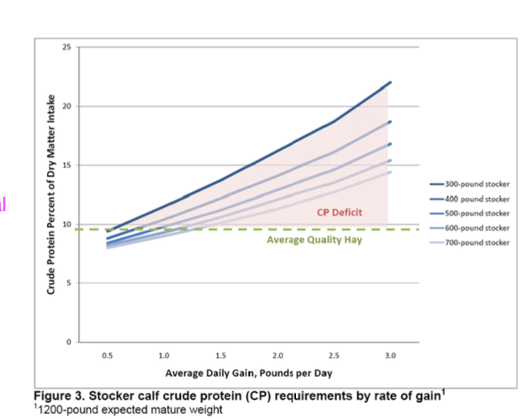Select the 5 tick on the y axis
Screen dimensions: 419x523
point(69,284)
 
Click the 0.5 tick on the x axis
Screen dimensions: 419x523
point(107,356)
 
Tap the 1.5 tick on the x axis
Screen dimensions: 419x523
point(220,356)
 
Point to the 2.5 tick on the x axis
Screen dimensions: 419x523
point(334,356)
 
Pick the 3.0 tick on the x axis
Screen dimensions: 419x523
point(390,356)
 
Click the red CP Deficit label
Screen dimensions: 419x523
point(339,212)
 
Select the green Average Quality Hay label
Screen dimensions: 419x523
point(309,241)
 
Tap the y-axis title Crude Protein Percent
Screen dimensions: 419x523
point(51,194)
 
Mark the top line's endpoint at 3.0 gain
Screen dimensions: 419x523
point(390,82)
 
